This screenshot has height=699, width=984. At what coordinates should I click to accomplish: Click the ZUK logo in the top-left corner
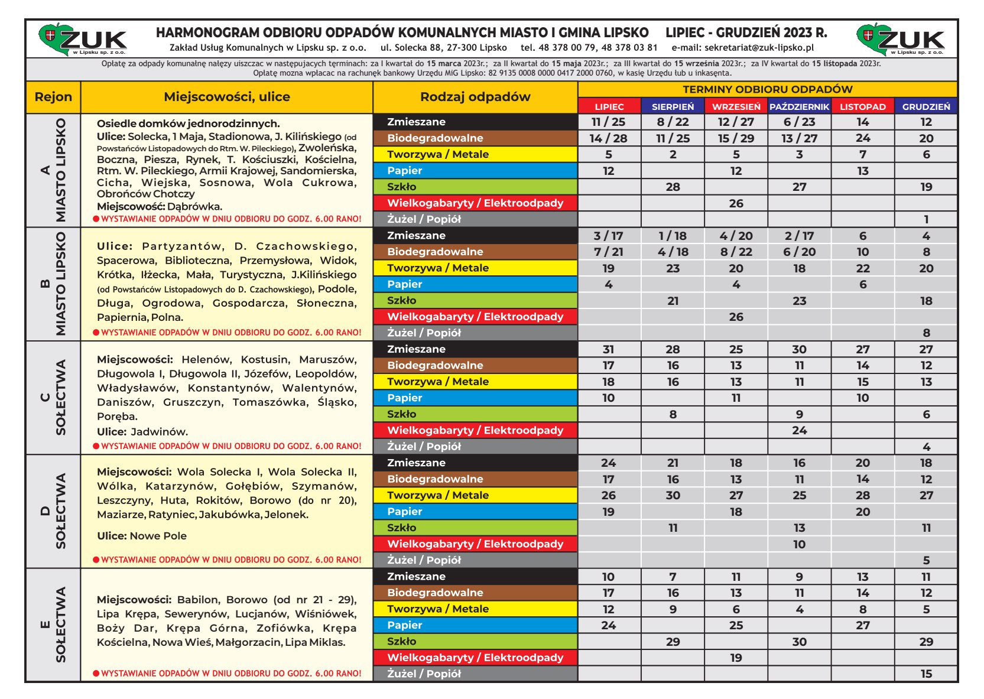(83, 40)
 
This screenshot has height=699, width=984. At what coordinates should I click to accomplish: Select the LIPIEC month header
(609, 106)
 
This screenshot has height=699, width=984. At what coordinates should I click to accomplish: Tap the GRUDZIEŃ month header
(926, 106)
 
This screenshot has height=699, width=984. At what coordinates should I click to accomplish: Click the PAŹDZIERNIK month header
(799, 106)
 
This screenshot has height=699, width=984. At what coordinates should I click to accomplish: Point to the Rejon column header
(53, 97)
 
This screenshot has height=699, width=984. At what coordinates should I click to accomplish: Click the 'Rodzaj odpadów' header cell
(475, 97)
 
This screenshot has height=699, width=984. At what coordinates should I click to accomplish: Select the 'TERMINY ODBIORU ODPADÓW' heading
(767, 89)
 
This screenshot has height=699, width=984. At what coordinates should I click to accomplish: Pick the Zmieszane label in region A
(417, 122)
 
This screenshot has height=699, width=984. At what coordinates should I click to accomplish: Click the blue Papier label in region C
(405, 398)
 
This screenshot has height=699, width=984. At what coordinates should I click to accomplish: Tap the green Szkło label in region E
(402, 641)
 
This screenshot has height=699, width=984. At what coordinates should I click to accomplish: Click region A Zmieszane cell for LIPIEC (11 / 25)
(609, 122)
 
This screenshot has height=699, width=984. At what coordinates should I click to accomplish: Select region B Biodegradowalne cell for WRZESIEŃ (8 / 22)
(736, 252)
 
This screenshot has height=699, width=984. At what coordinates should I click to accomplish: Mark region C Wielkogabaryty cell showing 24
(799, 430)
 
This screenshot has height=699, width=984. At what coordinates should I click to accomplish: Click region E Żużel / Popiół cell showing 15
(926, 674)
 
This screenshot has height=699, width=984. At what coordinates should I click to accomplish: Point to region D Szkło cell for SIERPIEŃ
(673, 528)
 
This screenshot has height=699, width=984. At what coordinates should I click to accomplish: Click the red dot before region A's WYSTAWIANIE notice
(96, 219)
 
